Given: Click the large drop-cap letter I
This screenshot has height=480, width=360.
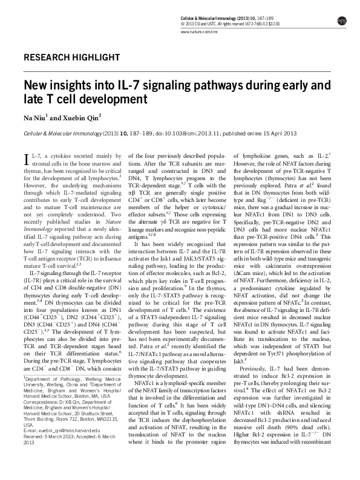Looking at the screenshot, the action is [27, 161].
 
